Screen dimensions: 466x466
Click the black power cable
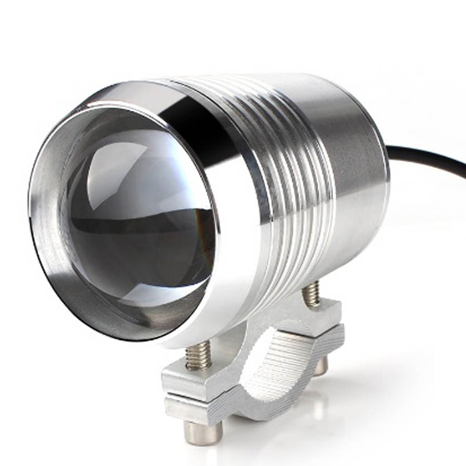coord(429,159)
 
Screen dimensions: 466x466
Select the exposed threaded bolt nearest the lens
coord(198,357)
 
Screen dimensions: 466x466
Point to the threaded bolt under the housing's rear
coord(311,294)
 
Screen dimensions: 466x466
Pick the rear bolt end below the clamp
coord(321,365)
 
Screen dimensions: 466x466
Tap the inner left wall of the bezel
coord(50,220)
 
